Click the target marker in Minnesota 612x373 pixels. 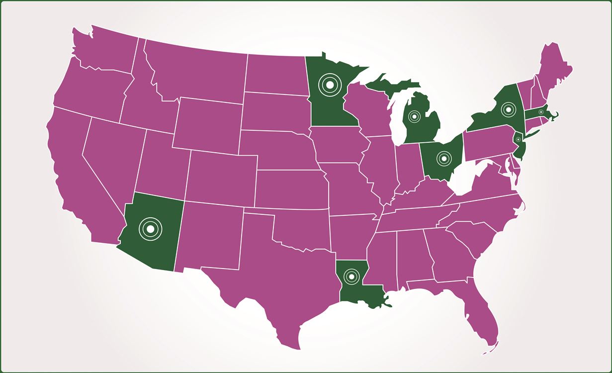coord(328,84)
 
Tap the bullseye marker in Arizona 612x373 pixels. coord(150,228)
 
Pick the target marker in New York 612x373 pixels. coord(508,109)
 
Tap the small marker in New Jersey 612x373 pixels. coord(518,140)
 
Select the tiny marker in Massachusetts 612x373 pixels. coord(540,112)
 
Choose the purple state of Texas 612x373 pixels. coord(278,279)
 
